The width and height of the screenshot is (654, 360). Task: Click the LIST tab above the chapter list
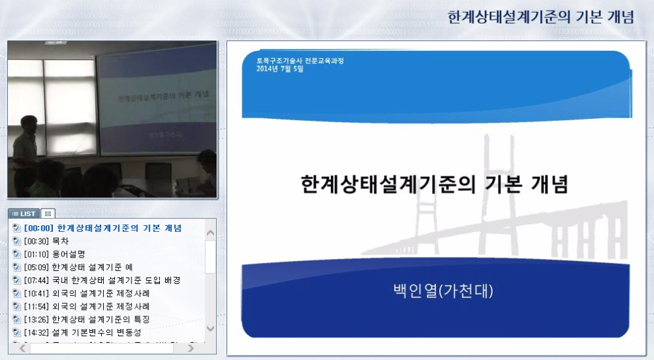coord(24,213)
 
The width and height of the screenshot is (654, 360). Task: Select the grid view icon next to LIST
coord(48,213)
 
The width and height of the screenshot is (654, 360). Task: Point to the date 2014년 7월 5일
coord(280,69)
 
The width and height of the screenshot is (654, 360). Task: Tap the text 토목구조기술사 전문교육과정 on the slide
coord(300,61)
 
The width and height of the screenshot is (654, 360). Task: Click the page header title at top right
coord(540,17)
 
